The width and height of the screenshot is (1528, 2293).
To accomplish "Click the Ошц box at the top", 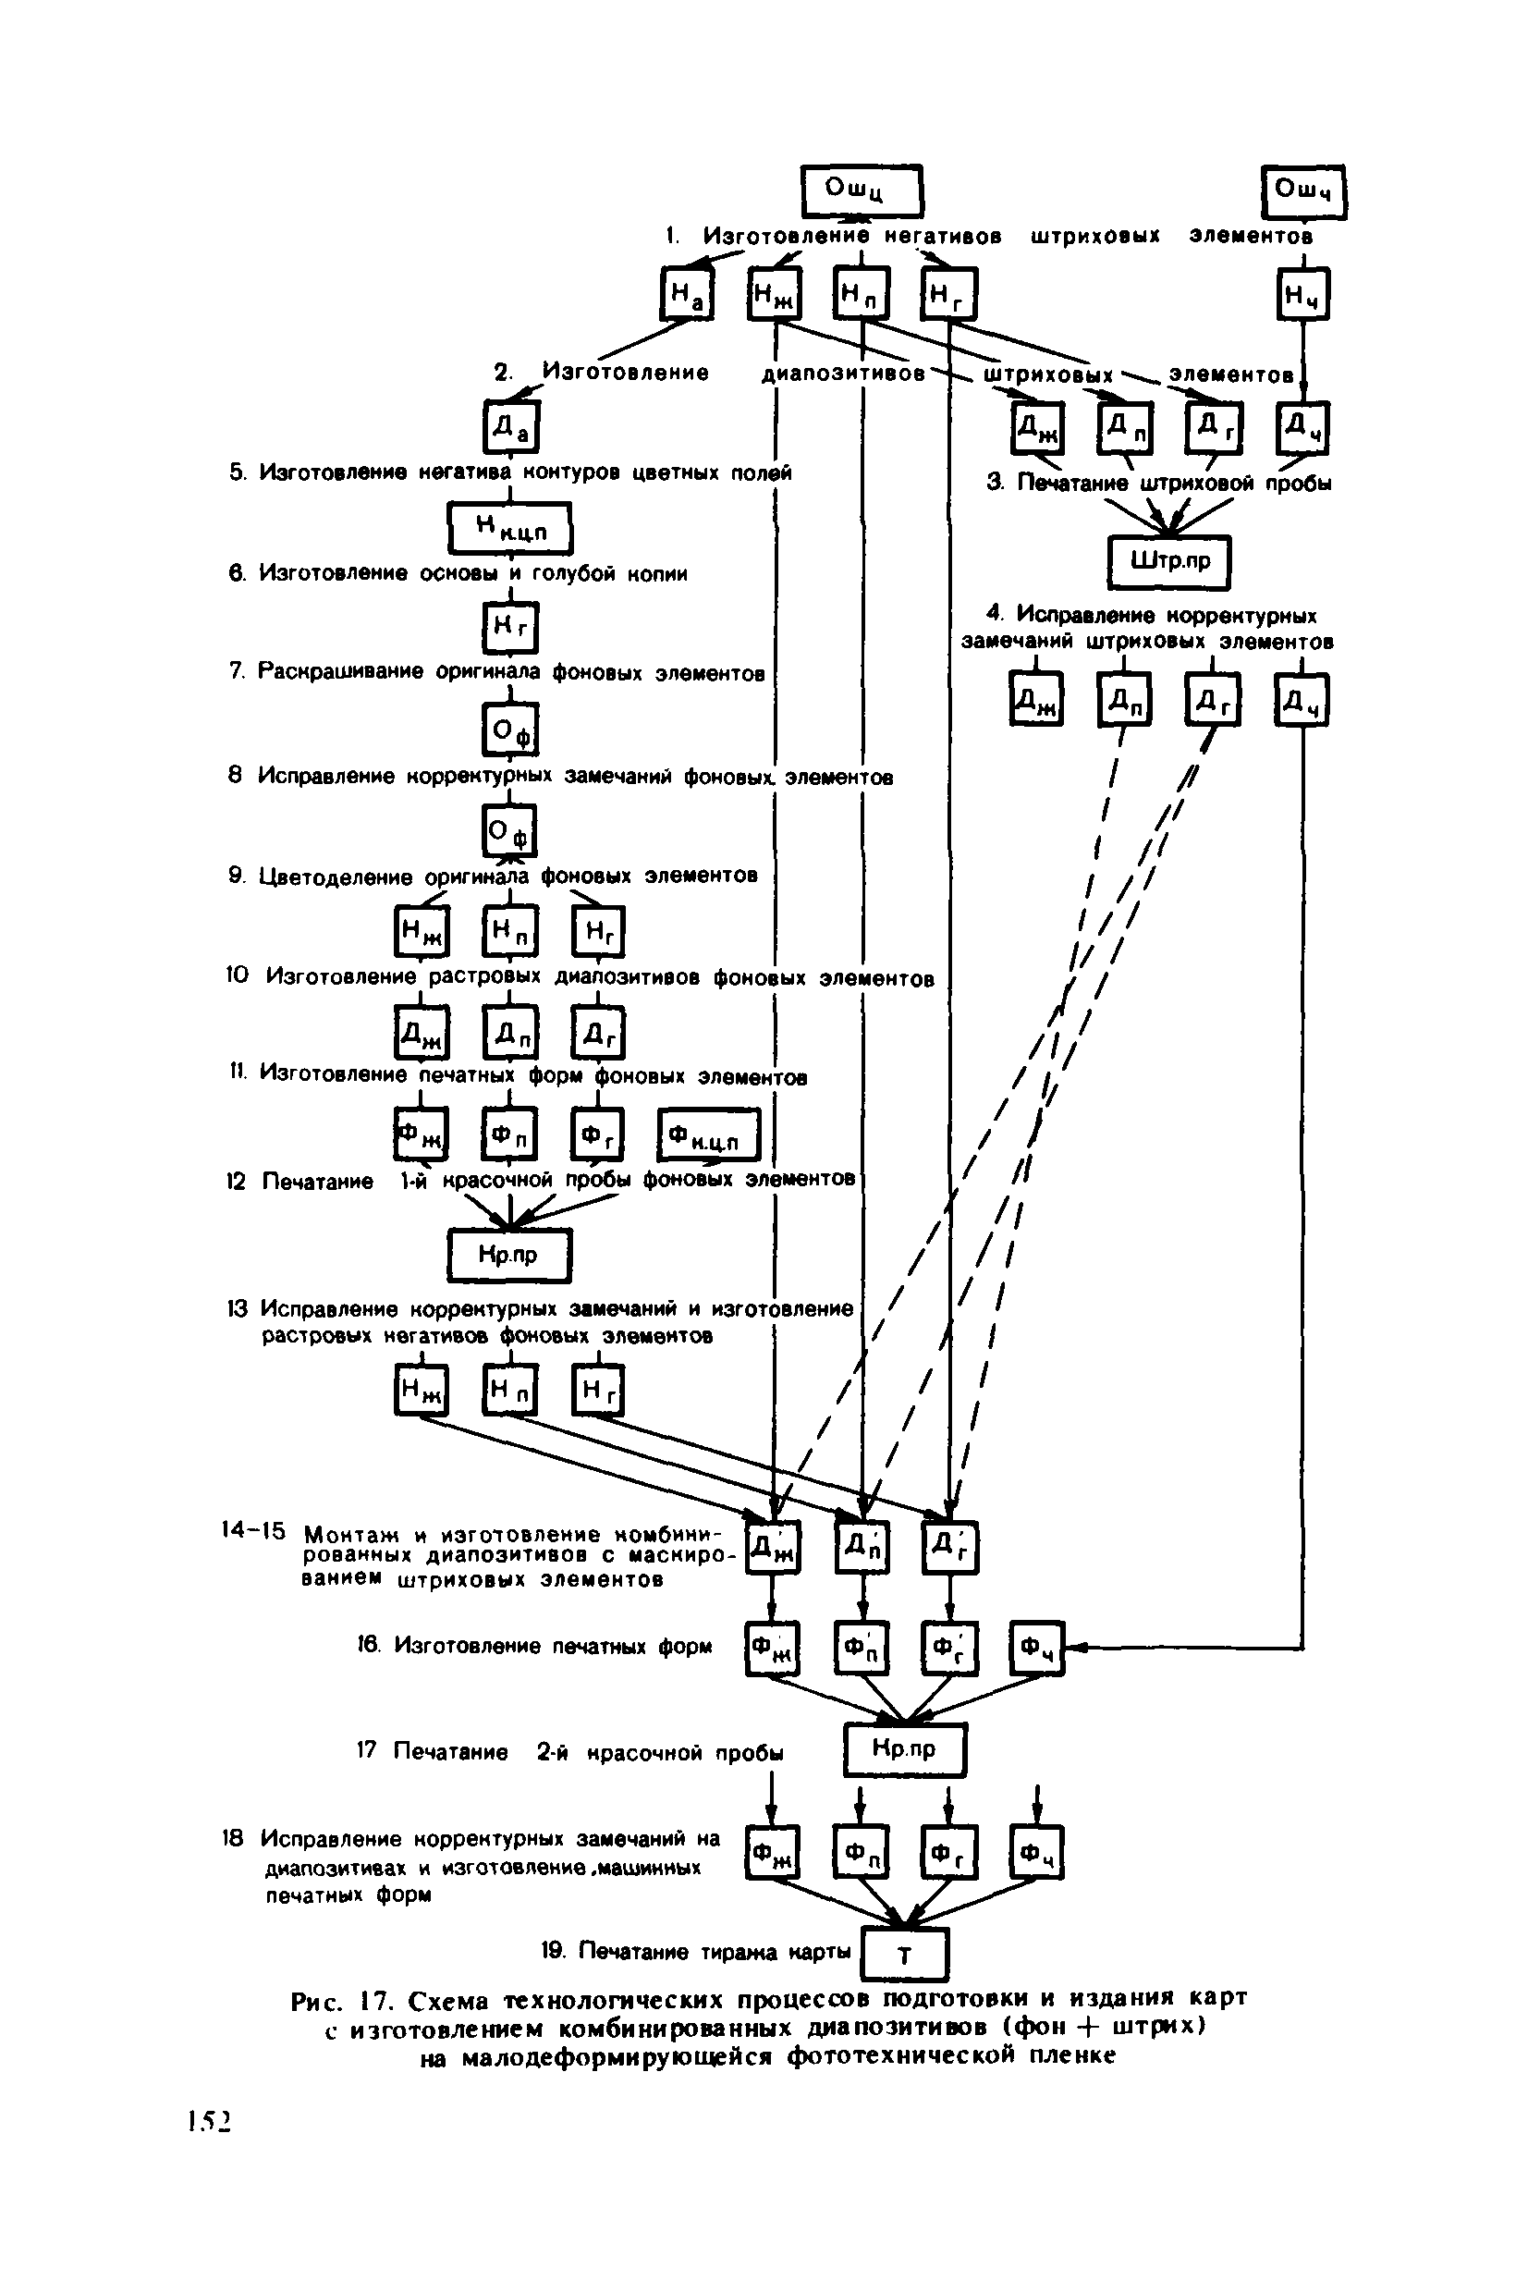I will coord(861,190).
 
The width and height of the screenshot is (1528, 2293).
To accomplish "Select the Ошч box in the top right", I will coord(1302,192).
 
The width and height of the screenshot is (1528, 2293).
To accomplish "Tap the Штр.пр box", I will coord(1169,562).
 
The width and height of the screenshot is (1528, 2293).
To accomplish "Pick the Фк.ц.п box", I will coord(708,1135).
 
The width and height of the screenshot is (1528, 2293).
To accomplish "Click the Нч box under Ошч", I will coord(1302,293).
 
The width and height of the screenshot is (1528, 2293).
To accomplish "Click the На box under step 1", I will coord(687,293).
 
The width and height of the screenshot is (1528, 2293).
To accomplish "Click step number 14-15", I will coord(253,1531).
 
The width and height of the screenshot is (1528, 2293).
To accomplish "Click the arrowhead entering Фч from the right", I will coord(1075,1648).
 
